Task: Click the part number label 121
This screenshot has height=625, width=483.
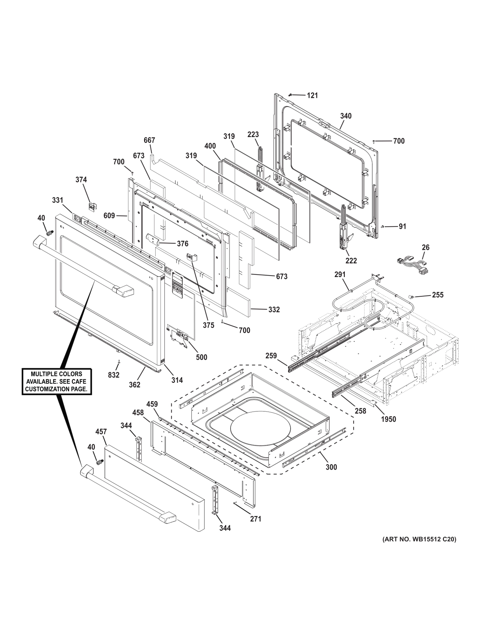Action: point(312,95)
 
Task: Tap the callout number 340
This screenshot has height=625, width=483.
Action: point(346,116)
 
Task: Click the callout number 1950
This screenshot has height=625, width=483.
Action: point(388,419)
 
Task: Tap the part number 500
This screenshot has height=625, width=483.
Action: point(201,357)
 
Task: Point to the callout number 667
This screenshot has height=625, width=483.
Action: point(149,140)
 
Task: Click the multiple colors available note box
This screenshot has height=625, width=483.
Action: point(56,381)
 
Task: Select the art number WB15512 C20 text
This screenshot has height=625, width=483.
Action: point(419,540)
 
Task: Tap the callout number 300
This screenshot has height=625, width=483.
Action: point(331,467)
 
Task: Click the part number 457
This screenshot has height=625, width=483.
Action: point(101,432)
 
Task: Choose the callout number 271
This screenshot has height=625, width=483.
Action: point(255,519)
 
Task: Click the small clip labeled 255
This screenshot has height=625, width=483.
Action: point(412,296)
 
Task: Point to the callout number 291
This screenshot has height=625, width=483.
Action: point(340,275)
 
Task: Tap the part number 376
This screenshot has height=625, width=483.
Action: point(183,244)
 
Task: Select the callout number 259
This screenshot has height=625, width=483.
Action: point(271,356)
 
